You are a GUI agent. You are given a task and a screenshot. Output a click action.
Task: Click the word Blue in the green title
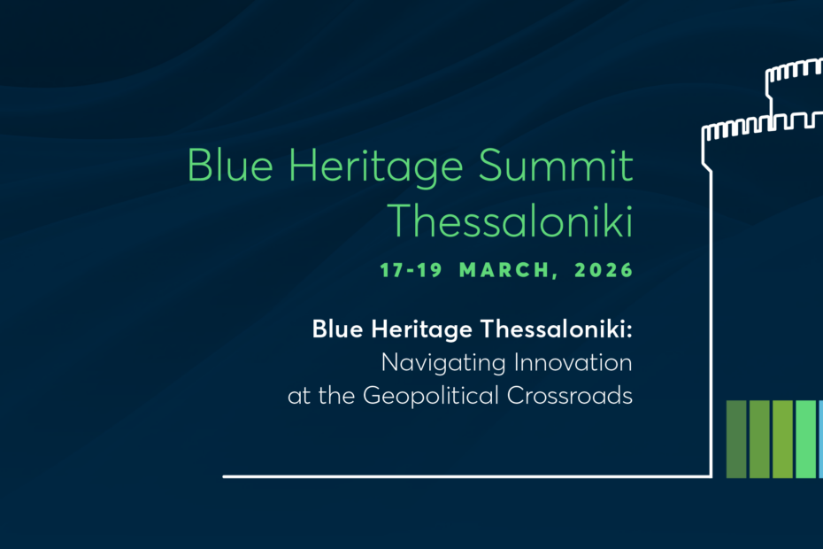pos(230,165)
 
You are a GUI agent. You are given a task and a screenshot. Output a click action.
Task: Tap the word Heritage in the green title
pos(376,168)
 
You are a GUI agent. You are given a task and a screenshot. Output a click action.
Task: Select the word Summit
pos(556,165)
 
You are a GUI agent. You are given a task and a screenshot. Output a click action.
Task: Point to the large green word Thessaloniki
pos(511,220)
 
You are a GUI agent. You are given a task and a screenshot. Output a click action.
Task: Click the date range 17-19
pos(411,270)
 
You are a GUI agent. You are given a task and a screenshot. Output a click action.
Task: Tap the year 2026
pos(604,270)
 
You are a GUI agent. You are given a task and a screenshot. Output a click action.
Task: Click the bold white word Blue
pos(337,329)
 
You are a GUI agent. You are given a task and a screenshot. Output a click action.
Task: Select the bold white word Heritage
pos(421,330)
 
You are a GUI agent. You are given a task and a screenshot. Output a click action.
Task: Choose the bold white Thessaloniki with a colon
pos(557,329)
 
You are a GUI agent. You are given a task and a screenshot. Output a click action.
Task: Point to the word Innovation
pos(573,362)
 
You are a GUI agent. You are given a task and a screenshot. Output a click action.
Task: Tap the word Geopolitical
pos(430,396)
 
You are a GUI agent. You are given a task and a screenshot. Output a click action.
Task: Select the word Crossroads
pos(570,395)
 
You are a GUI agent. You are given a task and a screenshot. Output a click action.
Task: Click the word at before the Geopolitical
pos(299,396)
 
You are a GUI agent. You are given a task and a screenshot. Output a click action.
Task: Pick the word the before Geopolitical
pos(336,395)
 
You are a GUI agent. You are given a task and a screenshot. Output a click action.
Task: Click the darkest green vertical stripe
pos(736,439)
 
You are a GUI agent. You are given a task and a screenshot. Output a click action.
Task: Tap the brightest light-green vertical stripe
pos(805,439)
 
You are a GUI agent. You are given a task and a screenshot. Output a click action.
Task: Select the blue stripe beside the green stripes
pos(821,439)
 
